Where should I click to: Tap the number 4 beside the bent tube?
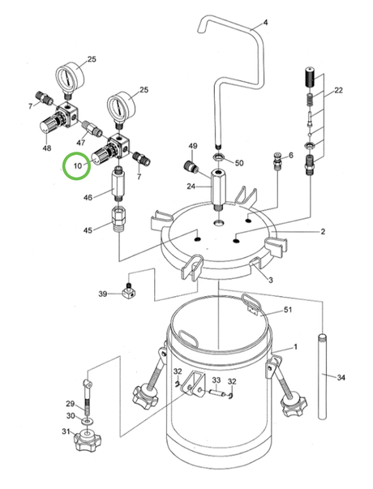click(x=266, y=22)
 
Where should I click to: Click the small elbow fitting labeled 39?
click(x=128, y=290)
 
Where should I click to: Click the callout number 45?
click(x=88, y=229)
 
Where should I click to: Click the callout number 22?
click(x=339, y=90)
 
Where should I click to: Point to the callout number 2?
click(x=322, y=232)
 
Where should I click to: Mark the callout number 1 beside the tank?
click(x=295, y=347)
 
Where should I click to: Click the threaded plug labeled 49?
click(x=193, y=168)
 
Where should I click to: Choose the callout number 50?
click(x=239, y=163)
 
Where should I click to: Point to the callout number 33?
click(x=216, y=380)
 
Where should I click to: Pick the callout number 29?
click(x=70, y=403)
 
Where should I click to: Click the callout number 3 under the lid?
click(x=270, y=280)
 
